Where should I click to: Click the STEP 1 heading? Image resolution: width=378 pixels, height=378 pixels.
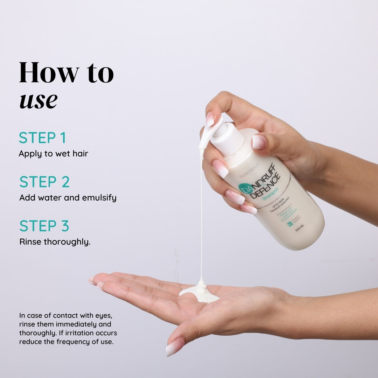42,138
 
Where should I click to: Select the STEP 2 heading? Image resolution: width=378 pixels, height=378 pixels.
44,182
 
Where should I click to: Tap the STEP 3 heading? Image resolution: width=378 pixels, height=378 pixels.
44,226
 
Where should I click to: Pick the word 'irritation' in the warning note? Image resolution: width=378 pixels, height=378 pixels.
84,332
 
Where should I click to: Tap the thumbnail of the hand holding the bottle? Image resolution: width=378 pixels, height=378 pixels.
259,142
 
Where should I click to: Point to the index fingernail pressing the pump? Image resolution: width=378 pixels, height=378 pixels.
210,119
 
